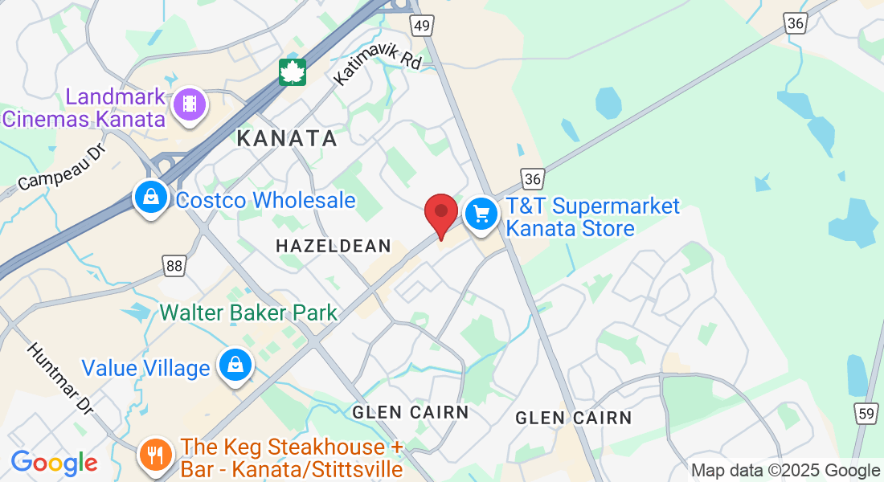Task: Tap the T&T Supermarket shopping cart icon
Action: click(481, 214)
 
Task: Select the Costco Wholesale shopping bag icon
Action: click(150, 197)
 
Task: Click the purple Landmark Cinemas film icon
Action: click(190, 104)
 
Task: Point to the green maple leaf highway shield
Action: click(293, 72)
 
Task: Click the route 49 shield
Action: click(422, 26)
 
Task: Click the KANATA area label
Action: click(287, 138)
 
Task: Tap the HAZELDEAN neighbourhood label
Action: click(333, 246)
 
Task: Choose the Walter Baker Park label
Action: click(249, 312)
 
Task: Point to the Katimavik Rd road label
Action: click(377, 64)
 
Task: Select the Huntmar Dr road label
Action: click(60, 377)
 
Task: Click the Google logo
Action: click(54, 463)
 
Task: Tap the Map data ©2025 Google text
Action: click(786, 470)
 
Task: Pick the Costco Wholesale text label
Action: click(265, 200)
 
